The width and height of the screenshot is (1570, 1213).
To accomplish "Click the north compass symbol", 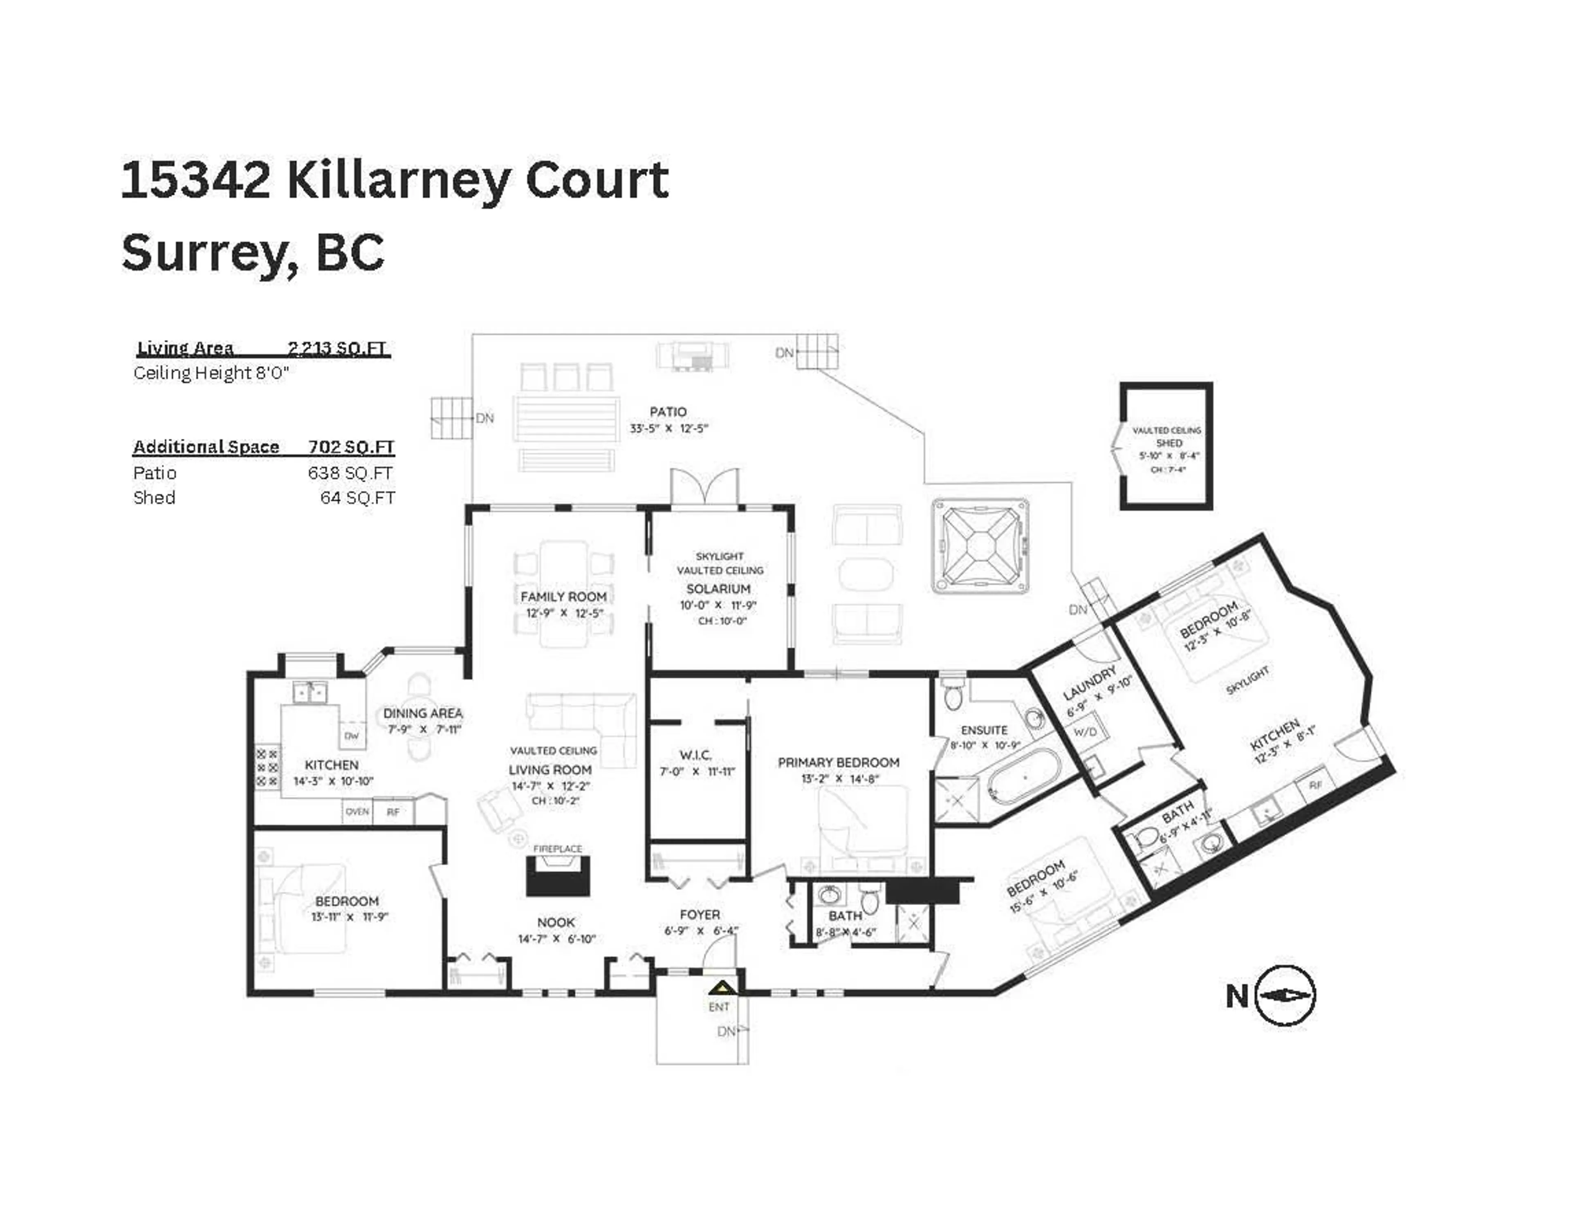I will point(1285,995).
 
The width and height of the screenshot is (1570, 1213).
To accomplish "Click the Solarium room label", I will point(718,589).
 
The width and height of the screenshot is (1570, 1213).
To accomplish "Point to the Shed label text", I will point(1169,443).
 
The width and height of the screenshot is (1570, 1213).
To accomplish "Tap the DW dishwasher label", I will point(352,735).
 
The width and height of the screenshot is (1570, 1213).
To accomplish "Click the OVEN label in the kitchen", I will point(357,812).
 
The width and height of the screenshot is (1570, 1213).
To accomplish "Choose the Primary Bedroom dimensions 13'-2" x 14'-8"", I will point(838,779).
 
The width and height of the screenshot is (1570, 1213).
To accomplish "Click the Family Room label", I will point(563,597).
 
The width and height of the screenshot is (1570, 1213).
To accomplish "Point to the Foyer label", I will point(700,915).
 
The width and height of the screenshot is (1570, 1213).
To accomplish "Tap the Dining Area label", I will point(423,713).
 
